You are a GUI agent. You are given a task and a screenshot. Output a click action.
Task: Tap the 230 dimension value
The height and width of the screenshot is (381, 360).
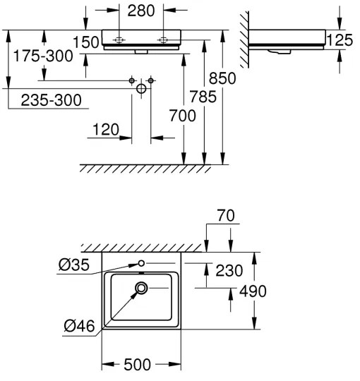click(x=229, y=270)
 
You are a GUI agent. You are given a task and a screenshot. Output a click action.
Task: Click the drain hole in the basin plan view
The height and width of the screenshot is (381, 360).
click(x=142, y=287)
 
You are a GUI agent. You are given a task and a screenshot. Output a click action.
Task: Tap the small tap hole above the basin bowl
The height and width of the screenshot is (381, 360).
click(x=141, y=263)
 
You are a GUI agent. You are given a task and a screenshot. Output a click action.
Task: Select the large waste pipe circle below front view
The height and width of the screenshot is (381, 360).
click(x=141, y=89)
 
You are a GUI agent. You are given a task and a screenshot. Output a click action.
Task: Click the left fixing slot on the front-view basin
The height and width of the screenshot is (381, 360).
click(x=120, y=40)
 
